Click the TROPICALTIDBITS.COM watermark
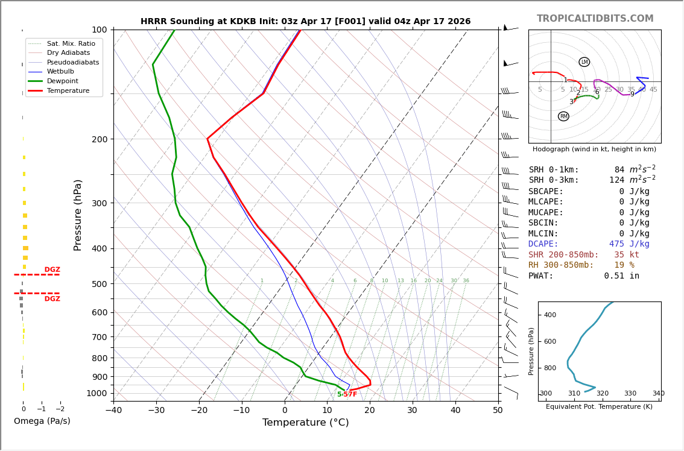pyautogui.click(x=595, y=19)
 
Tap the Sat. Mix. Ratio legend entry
pyautogui.click(x=71, y=44)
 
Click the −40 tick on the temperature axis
pyautogui.click(x=113, y=411)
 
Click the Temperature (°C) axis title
pyautogui.click(x=305, y=423)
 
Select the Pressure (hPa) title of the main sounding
pyautogui.click(x=78, y=215)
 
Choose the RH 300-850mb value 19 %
pyautogui.click(x=624, y=265)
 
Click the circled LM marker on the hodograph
pyautogui.click(x=584, y=62)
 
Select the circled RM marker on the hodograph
pyautogui.click(x=563, y=116)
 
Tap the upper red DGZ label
pyautogui.click(x=52, y=270)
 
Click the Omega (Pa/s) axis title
pyautogui.click(x=42, y=421)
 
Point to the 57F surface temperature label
pyautogui.click(x=350, y=394)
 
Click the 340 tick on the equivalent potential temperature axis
pyautogui.click(x=657, y=394)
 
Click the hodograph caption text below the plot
pyautogui.click(x=594, y=149)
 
